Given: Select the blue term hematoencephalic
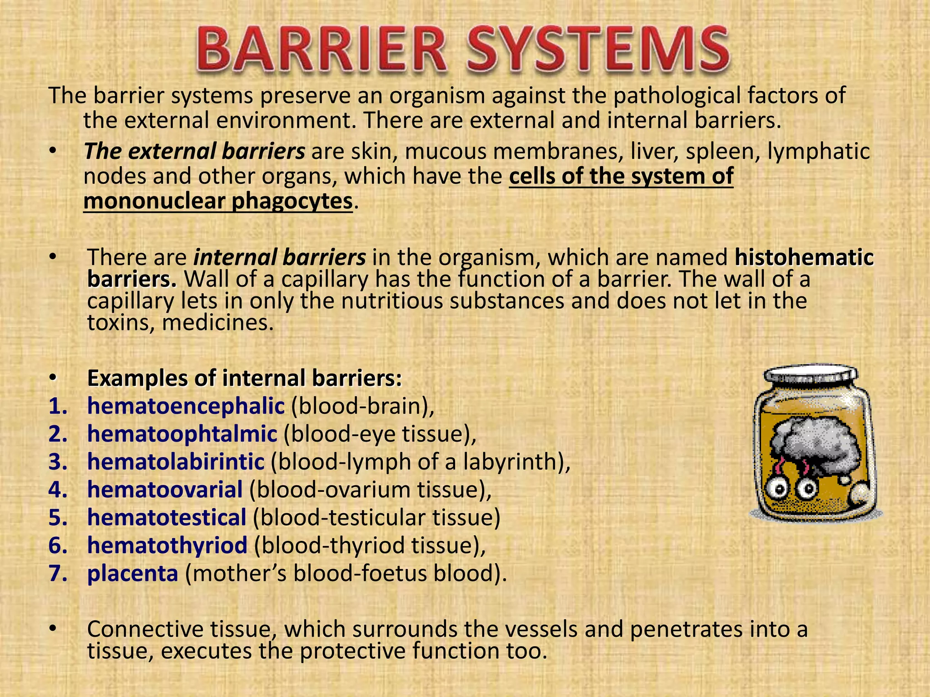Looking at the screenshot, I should (x=186, y=406).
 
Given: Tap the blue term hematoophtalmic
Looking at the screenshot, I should (x=182, y=434).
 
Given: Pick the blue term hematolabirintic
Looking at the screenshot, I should (x=176, y=462).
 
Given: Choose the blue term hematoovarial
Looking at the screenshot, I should (x=165, y=490).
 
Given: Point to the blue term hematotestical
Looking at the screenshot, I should (x=167, y=518).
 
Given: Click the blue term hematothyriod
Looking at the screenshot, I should (x=167, y=545).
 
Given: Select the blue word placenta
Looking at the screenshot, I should (x=133, y=574).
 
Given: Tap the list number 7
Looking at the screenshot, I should (x=58, y=574).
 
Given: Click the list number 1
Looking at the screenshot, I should (x=58, y=406).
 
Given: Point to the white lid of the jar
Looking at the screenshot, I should (x=811, y=375).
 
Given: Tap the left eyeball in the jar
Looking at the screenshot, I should (x=781, y=489).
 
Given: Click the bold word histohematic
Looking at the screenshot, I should (x=804, y=257).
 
